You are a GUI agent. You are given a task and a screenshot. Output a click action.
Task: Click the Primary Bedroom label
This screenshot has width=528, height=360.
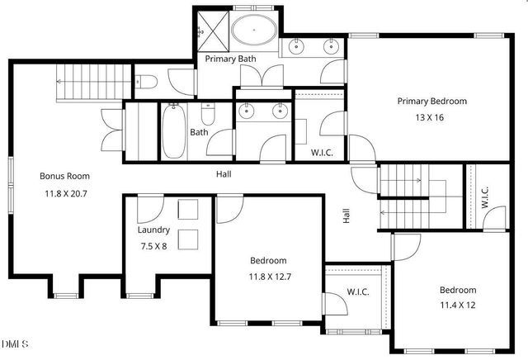point(431,102)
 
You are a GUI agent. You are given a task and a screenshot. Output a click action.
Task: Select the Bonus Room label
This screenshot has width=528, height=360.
point(65,176)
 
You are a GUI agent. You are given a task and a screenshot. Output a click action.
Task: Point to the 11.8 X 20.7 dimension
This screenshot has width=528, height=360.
point(66,193)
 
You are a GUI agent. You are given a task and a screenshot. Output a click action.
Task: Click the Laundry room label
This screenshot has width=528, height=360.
point(153,230)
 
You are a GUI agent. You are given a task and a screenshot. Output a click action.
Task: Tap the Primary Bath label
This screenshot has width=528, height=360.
point(231,59)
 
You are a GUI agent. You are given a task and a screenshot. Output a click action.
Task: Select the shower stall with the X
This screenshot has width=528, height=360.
point(211,30)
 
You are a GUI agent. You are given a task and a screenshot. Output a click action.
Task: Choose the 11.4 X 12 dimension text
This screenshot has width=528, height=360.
point(457,305)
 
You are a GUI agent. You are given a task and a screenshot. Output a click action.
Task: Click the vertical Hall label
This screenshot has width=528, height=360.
point(346,216)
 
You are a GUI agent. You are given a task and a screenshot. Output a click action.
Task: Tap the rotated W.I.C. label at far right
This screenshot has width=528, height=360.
point(485,197)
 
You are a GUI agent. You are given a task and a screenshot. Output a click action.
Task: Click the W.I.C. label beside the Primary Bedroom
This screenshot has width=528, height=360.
point(322,152)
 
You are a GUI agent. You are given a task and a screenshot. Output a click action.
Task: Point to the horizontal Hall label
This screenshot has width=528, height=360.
point(224,174)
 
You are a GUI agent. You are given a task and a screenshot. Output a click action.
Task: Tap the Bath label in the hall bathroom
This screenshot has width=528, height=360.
point(199,132)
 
